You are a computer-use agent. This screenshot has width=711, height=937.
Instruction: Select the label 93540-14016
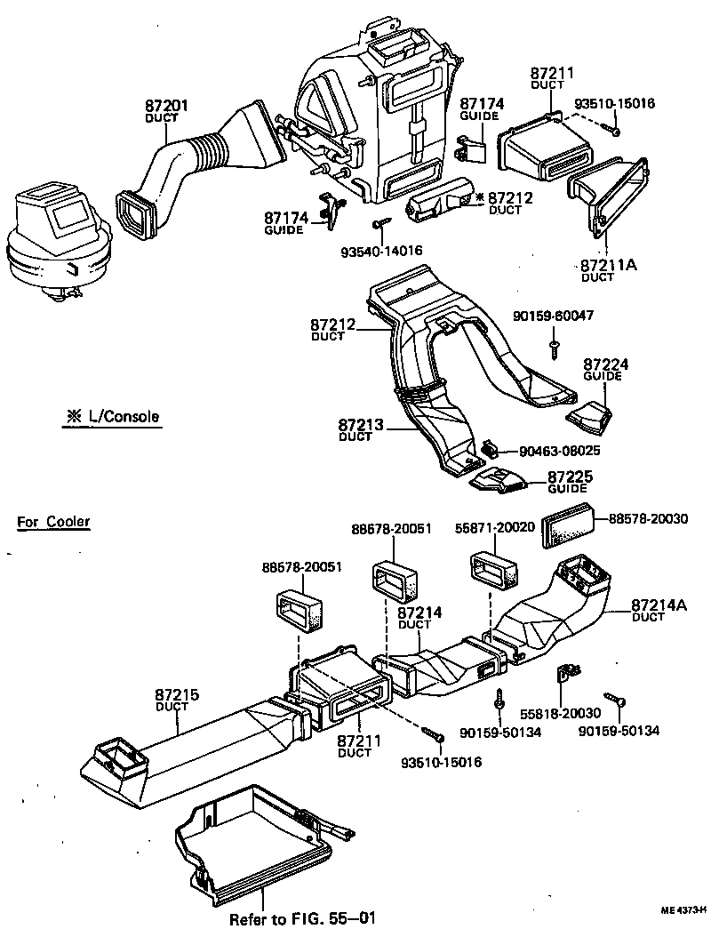(x=381, y=252)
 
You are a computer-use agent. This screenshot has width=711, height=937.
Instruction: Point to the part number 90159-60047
(x=554, y=316)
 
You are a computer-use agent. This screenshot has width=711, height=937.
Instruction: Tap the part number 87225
(x=569, y=477)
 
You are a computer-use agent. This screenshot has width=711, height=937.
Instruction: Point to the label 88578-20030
(x=648, y=518)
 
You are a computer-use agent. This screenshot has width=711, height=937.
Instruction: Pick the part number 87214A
(x=659, y=605)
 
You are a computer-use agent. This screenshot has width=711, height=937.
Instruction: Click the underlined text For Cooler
(x=53, y=522)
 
